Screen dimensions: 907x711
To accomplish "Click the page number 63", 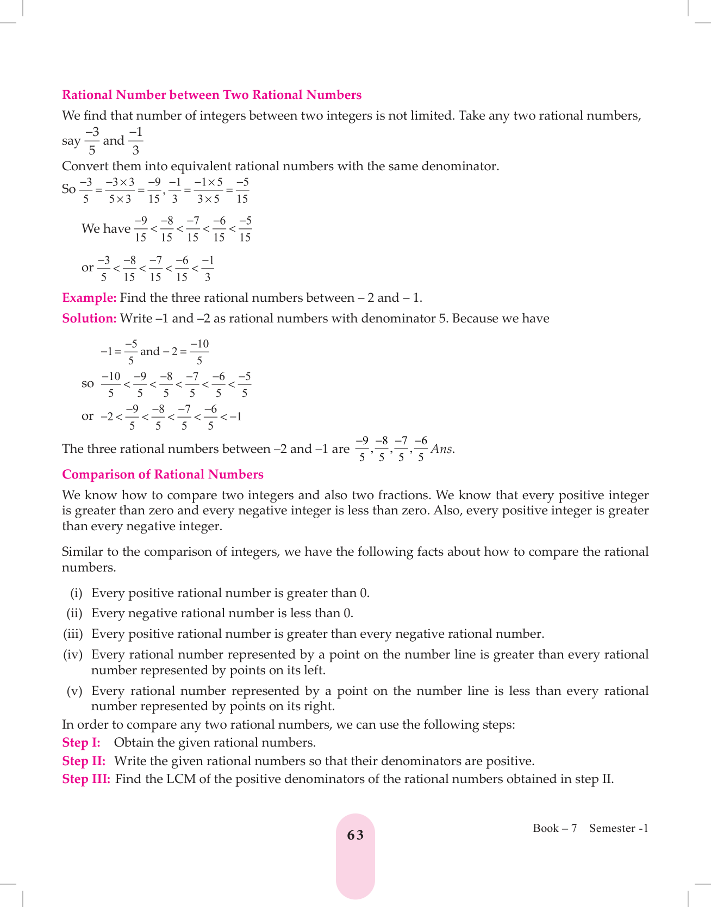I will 355,835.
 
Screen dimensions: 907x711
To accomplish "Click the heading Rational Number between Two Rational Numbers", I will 211,95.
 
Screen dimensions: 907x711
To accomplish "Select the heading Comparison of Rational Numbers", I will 163,475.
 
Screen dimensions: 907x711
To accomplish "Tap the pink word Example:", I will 89,298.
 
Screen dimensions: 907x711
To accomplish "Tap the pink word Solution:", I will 89,319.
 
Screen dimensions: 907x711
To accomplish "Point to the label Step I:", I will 81,743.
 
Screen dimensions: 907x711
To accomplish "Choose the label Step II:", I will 84,761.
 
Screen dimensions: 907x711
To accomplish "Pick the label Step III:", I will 86,779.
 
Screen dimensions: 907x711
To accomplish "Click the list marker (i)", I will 76,593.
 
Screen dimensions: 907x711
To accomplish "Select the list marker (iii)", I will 73,634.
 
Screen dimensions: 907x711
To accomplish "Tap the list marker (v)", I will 74,691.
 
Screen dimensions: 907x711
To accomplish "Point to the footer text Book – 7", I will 554,828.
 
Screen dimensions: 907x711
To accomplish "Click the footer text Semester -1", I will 619,828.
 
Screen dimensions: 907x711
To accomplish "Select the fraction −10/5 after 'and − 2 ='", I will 199,352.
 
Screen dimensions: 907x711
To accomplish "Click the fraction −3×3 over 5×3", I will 120,190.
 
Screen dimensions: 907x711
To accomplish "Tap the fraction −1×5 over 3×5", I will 208,190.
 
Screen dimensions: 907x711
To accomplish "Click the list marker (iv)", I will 73,655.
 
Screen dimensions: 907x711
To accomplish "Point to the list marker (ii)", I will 74,613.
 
